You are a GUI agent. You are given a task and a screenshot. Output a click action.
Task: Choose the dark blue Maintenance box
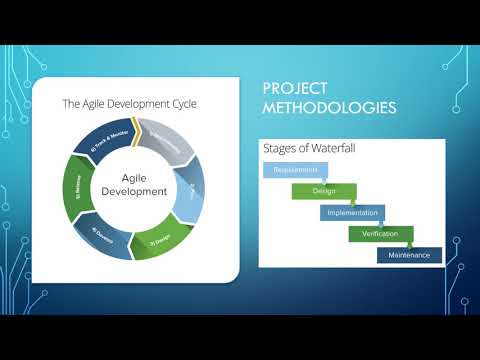coord(409,255)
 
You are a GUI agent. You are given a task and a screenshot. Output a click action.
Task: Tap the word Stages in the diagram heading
coord(280,148)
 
